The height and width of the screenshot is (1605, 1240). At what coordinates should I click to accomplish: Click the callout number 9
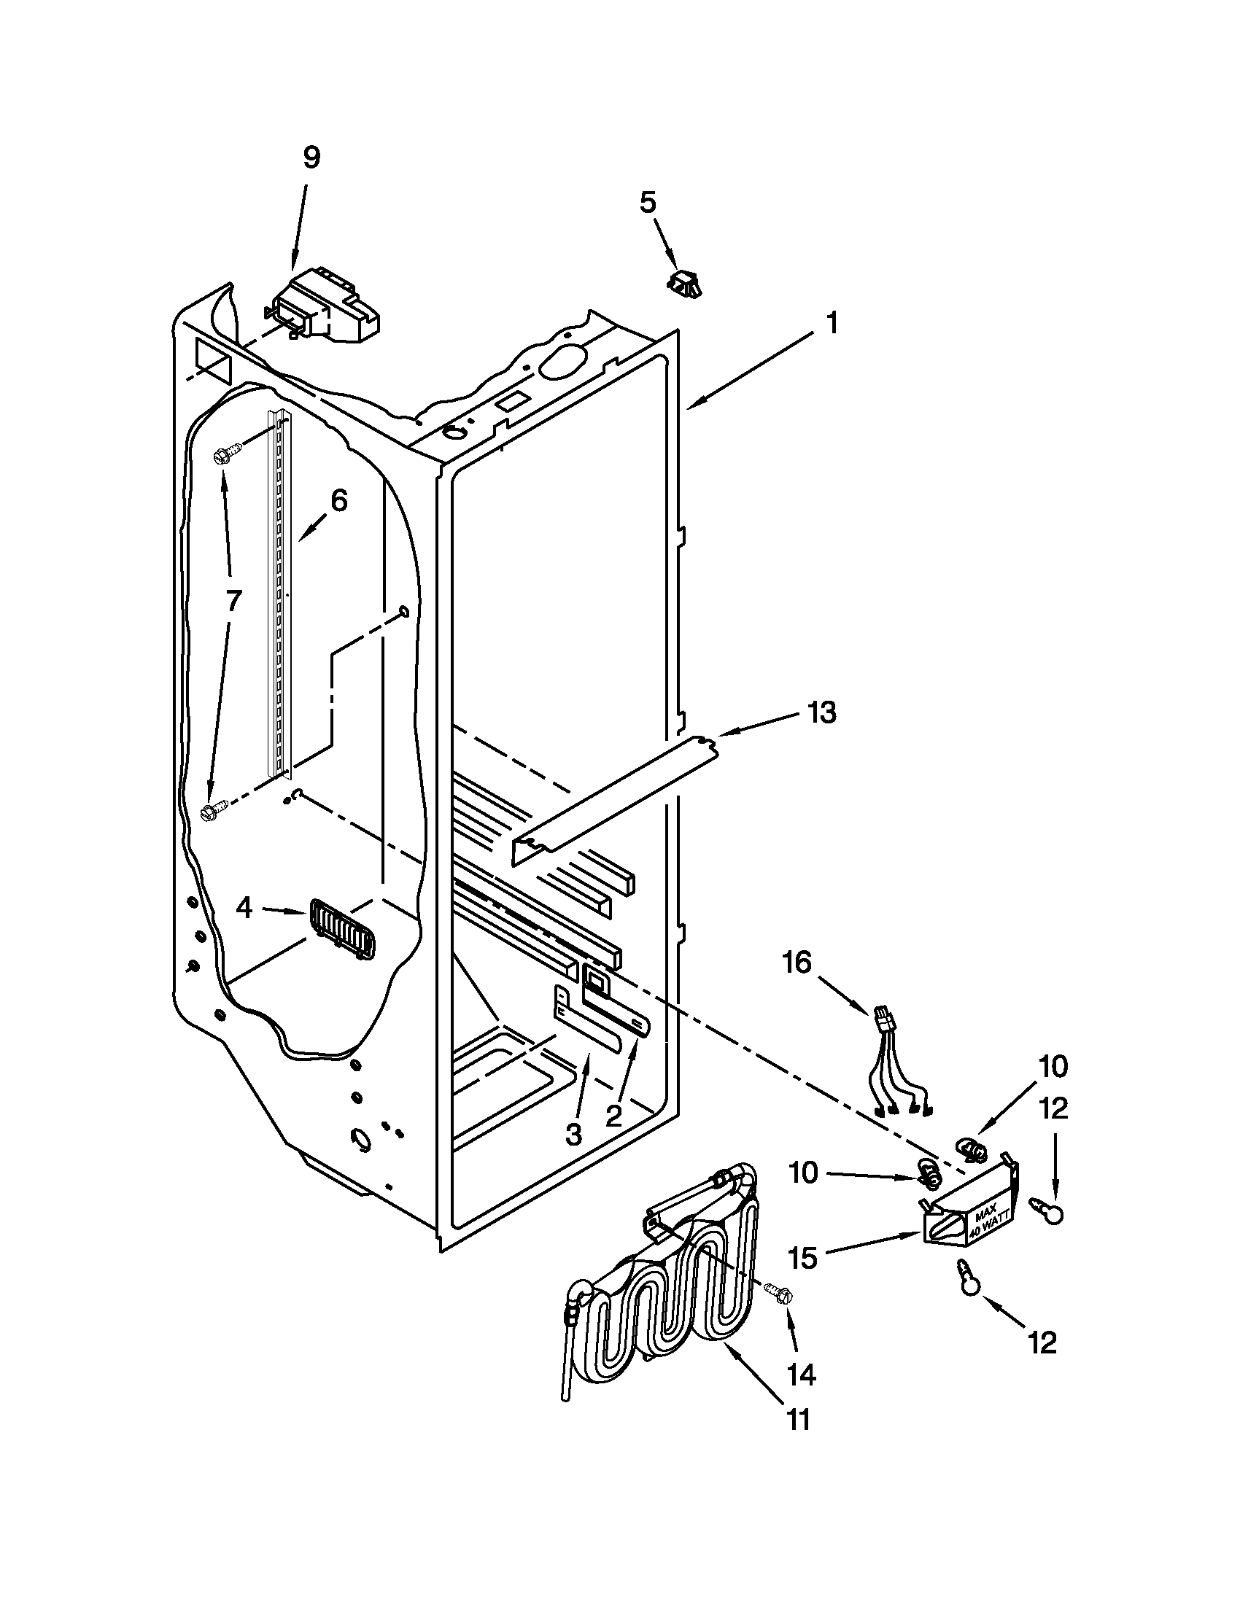[311, 158]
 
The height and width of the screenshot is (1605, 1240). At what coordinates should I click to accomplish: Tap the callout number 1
[832, 324]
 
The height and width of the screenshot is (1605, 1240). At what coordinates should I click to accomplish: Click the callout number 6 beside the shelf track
[338, 501]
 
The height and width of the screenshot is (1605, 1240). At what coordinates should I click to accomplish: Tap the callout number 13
[822, 712]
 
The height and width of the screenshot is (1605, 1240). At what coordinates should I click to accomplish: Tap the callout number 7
[232, 600]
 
